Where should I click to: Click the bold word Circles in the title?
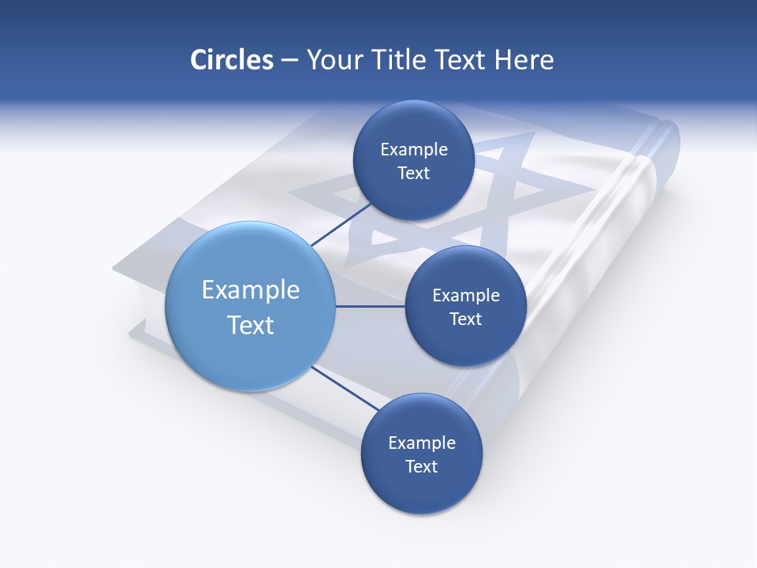click(x=232, y=60)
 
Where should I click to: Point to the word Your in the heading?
click(x=334, y=60)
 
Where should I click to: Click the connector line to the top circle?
click(x=341, y=223)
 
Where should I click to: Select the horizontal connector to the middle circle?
click(x=371, y=306)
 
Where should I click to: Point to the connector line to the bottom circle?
click(x=345, y=388)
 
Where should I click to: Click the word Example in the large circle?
click(x=251, y=290)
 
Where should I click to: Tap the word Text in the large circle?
click(x=251, y=325)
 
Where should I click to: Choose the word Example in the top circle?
click(x=413, y=150)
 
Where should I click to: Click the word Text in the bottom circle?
click(x=421, y=467)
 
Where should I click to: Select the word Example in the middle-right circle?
click(x=465, y=296)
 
